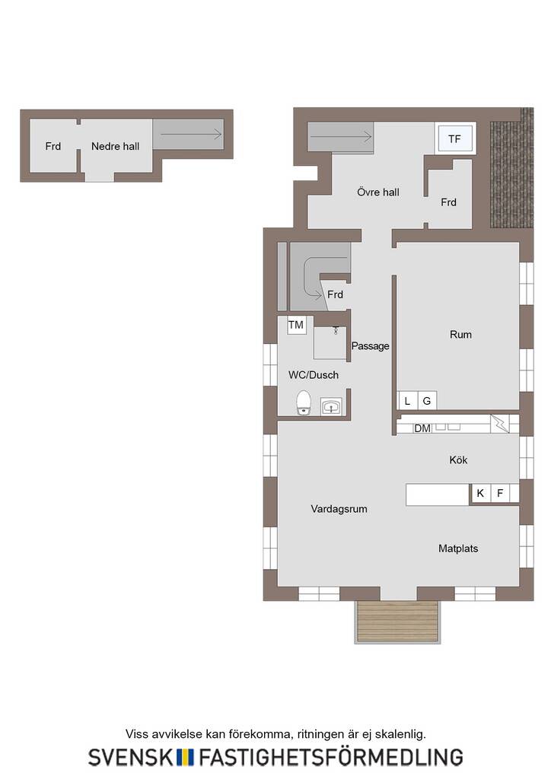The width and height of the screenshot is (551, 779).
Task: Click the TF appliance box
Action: point(454,138)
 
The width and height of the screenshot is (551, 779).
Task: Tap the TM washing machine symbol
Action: point(295,325)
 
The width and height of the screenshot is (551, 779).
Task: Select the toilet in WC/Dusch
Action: point(304,402)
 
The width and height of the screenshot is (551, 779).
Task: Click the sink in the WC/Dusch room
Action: point(331,406)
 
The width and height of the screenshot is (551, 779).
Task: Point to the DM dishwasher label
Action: point(422,428)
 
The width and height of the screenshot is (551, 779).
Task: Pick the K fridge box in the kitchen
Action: point(480,493)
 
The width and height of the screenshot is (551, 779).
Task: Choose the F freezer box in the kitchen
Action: point(500,493)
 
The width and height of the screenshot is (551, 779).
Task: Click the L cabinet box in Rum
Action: point(407,401)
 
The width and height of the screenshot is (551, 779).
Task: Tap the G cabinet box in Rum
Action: point(427,401)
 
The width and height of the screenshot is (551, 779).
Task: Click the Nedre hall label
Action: point(115,146)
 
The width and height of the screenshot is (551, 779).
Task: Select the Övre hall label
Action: point(378,192)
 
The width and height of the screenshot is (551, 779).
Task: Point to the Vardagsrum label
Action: point(339,509)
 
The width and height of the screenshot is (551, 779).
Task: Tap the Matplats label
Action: point(458,548)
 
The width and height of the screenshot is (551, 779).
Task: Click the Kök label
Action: point(458,460)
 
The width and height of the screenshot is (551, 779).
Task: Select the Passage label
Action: point(370,346)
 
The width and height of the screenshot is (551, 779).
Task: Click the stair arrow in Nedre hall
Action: point(191,134)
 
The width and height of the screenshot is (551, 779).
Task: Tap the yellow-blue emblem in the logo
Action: point(186,757)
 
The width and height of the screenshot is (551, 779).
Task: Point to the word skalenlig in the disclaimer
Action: point(400,734)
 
